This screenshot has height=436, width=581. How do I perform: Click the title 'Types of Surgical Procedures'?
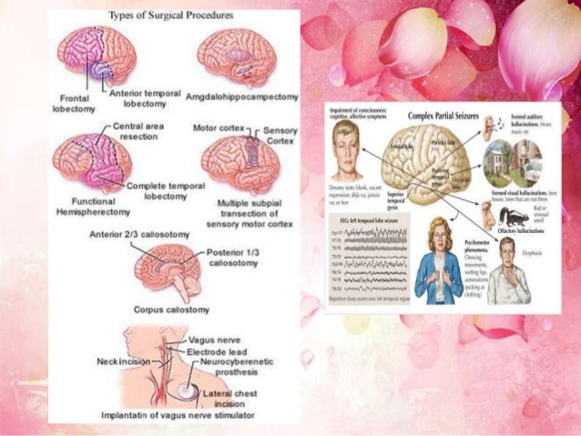coord(170,16)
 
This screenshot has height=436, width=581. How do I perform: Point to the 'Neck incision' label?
coord(122,361)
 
